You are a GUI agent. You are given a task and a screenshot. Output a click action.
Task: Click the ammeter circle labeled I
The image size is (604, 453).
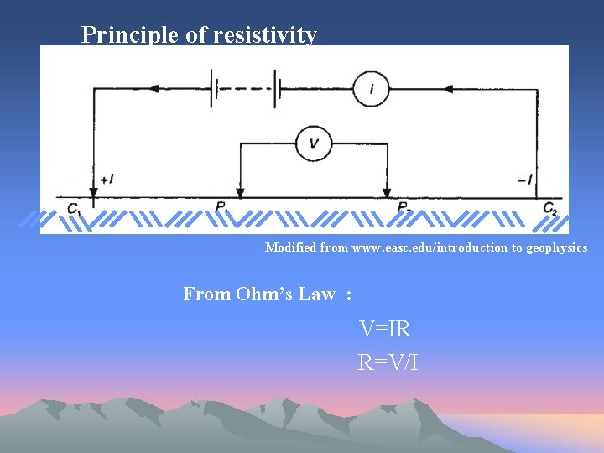coord(370,88)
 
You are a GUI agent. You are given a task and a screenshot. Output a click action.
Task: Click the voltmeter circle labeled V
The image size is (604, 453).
coord(313,143)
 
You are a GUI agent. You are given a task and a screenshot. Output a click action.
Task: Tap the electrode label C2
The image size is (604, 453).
coord(549,208)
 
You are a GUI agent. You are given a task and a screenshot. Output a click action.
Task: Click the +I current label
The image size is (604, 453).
coord(107,180)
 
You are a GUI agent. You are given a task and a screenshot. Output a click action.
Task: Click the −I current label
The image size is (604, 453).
coord(525,180)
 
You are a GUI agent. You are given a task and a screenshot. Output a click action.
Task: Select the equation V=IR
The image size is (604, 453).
coord(385,329)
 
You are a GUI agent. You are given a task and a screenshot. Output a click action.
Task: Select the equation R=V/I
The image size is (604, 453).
coord(388,362)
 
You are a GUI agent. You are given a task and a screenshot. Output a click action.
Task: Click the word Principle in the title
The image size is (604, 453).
coord(123,34)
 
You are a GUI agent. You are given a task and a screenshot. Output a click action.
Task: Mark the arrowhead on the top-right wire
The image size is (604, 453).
coord(448,88)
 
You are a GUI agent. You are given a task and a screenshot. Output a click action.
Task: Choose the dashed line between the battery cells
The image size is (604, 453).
coord(245,88)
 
